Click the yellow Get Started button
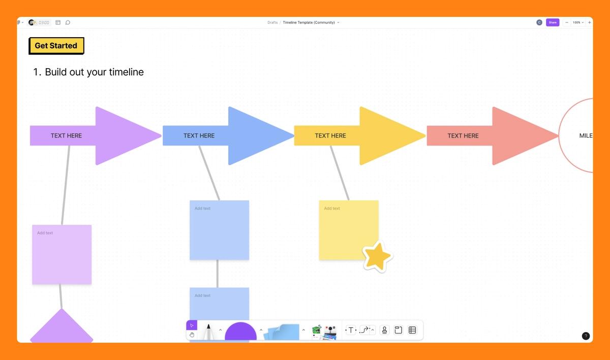(x=56, y=46)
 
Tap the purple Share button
(x=552, y=22)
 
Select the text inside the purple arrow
(x=66, y=136)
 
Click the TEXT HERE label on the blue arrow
(x=199, y=136)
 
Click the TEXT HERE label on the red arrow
(x=463, y=136)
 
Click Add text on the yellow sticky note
(x=332, y=208)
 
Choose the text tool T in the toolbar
(x=350, y=331)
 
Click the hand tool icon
(x=192, y=335)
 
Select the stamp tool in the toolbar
(x=384, y=330)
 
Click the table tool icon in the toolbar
(x=412, y=330)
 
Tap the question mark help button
(x=586, y=336)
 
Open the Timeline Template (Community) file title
(x=309, y=22)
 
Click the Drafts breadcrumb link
(x=272, y=22)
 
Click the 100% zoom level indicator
(x=577, y=22)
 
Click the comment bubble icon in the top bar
(x=68, y=22)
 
